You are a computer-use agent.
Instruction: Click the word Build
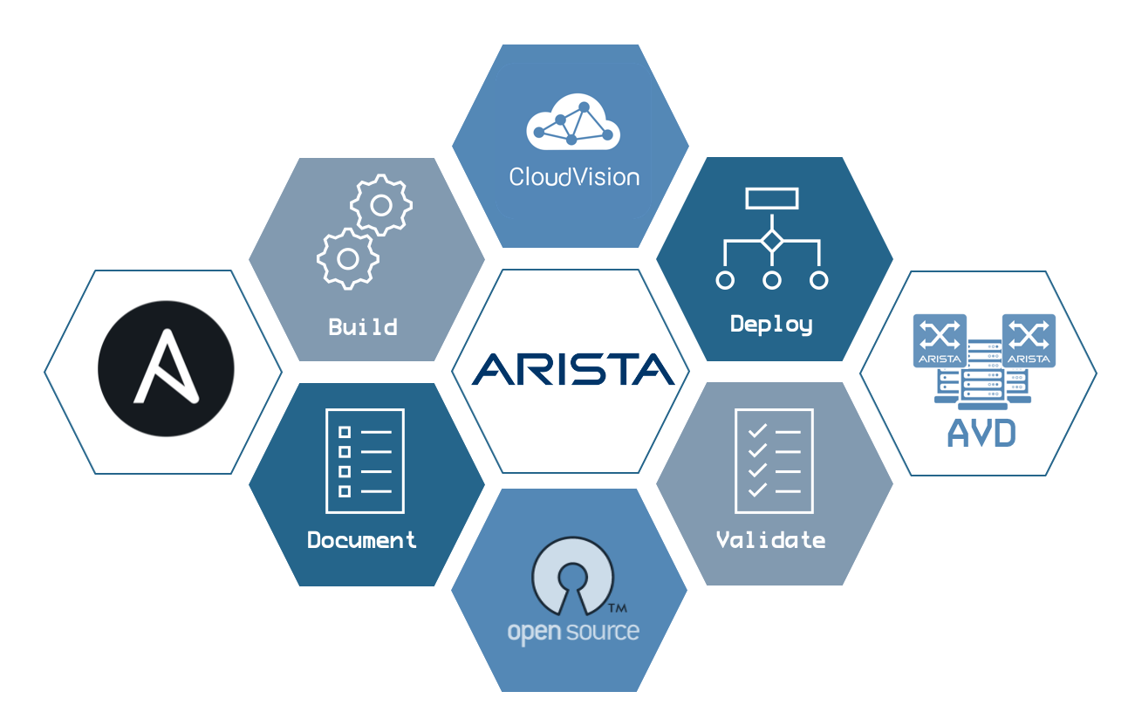[363, 327]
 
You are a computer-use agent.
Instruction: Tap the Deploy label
[771, 325]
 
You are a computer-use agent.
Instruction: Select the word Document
[362, 540]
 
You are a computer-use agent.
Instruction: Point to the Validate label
[770, 540]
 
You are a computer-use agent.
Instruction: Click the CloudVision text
[574, 177]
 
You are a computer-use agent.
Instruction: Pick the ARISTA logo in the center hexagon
[573, 369]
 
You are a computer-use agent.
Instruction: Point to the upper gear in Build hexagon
[381, 205]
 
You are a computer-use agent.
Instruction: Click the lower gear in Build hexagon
[347, 258]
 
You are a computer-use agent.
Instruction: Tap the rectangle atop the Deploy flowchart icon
[771, 198]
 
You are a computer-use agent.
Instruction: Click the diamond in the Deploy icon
[771, 241]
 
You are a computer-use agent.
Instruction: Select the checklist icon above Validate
[770, 461]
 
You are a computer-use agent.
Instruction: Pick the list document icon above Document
[364, 461]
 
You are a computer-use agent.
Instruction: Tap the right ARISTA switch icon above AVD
[1029, 339]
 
